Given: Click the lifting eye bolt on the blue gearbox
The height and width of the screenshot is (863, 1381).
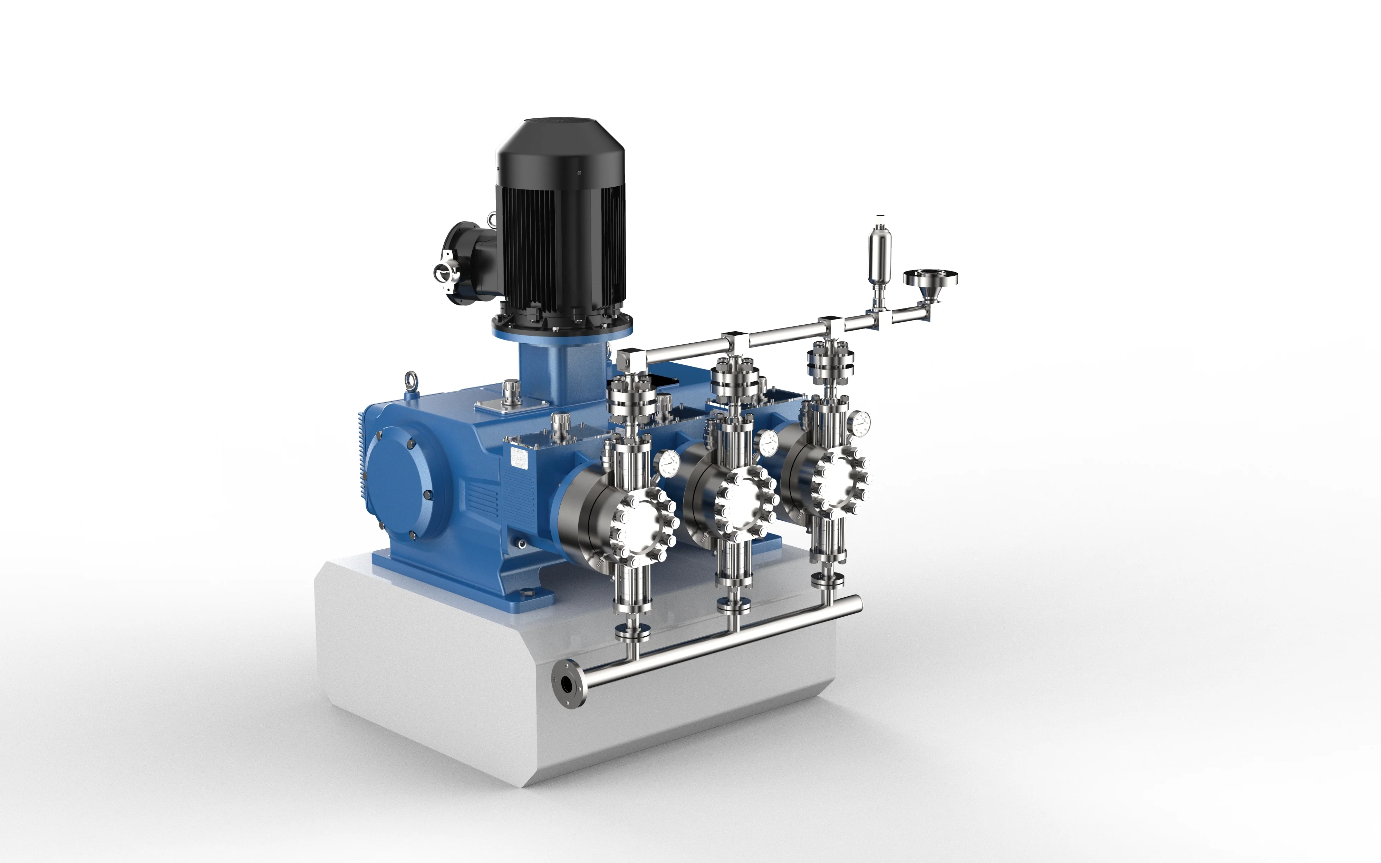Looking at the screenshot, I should pyautogui.click(x=410, y=379).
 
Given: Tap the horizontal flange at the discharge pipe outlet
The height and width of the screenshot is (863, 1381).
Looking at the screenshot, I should pyautogui.click(x=930, y=278).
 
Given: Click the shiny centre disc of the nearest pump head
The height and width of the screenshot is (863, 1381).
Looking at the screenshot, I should pyautogui.click(x=644, y=530).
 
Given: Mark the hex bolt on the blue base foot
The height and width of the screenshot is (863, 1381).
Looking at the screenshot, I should pyautogui.click(x=526, y=595).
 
